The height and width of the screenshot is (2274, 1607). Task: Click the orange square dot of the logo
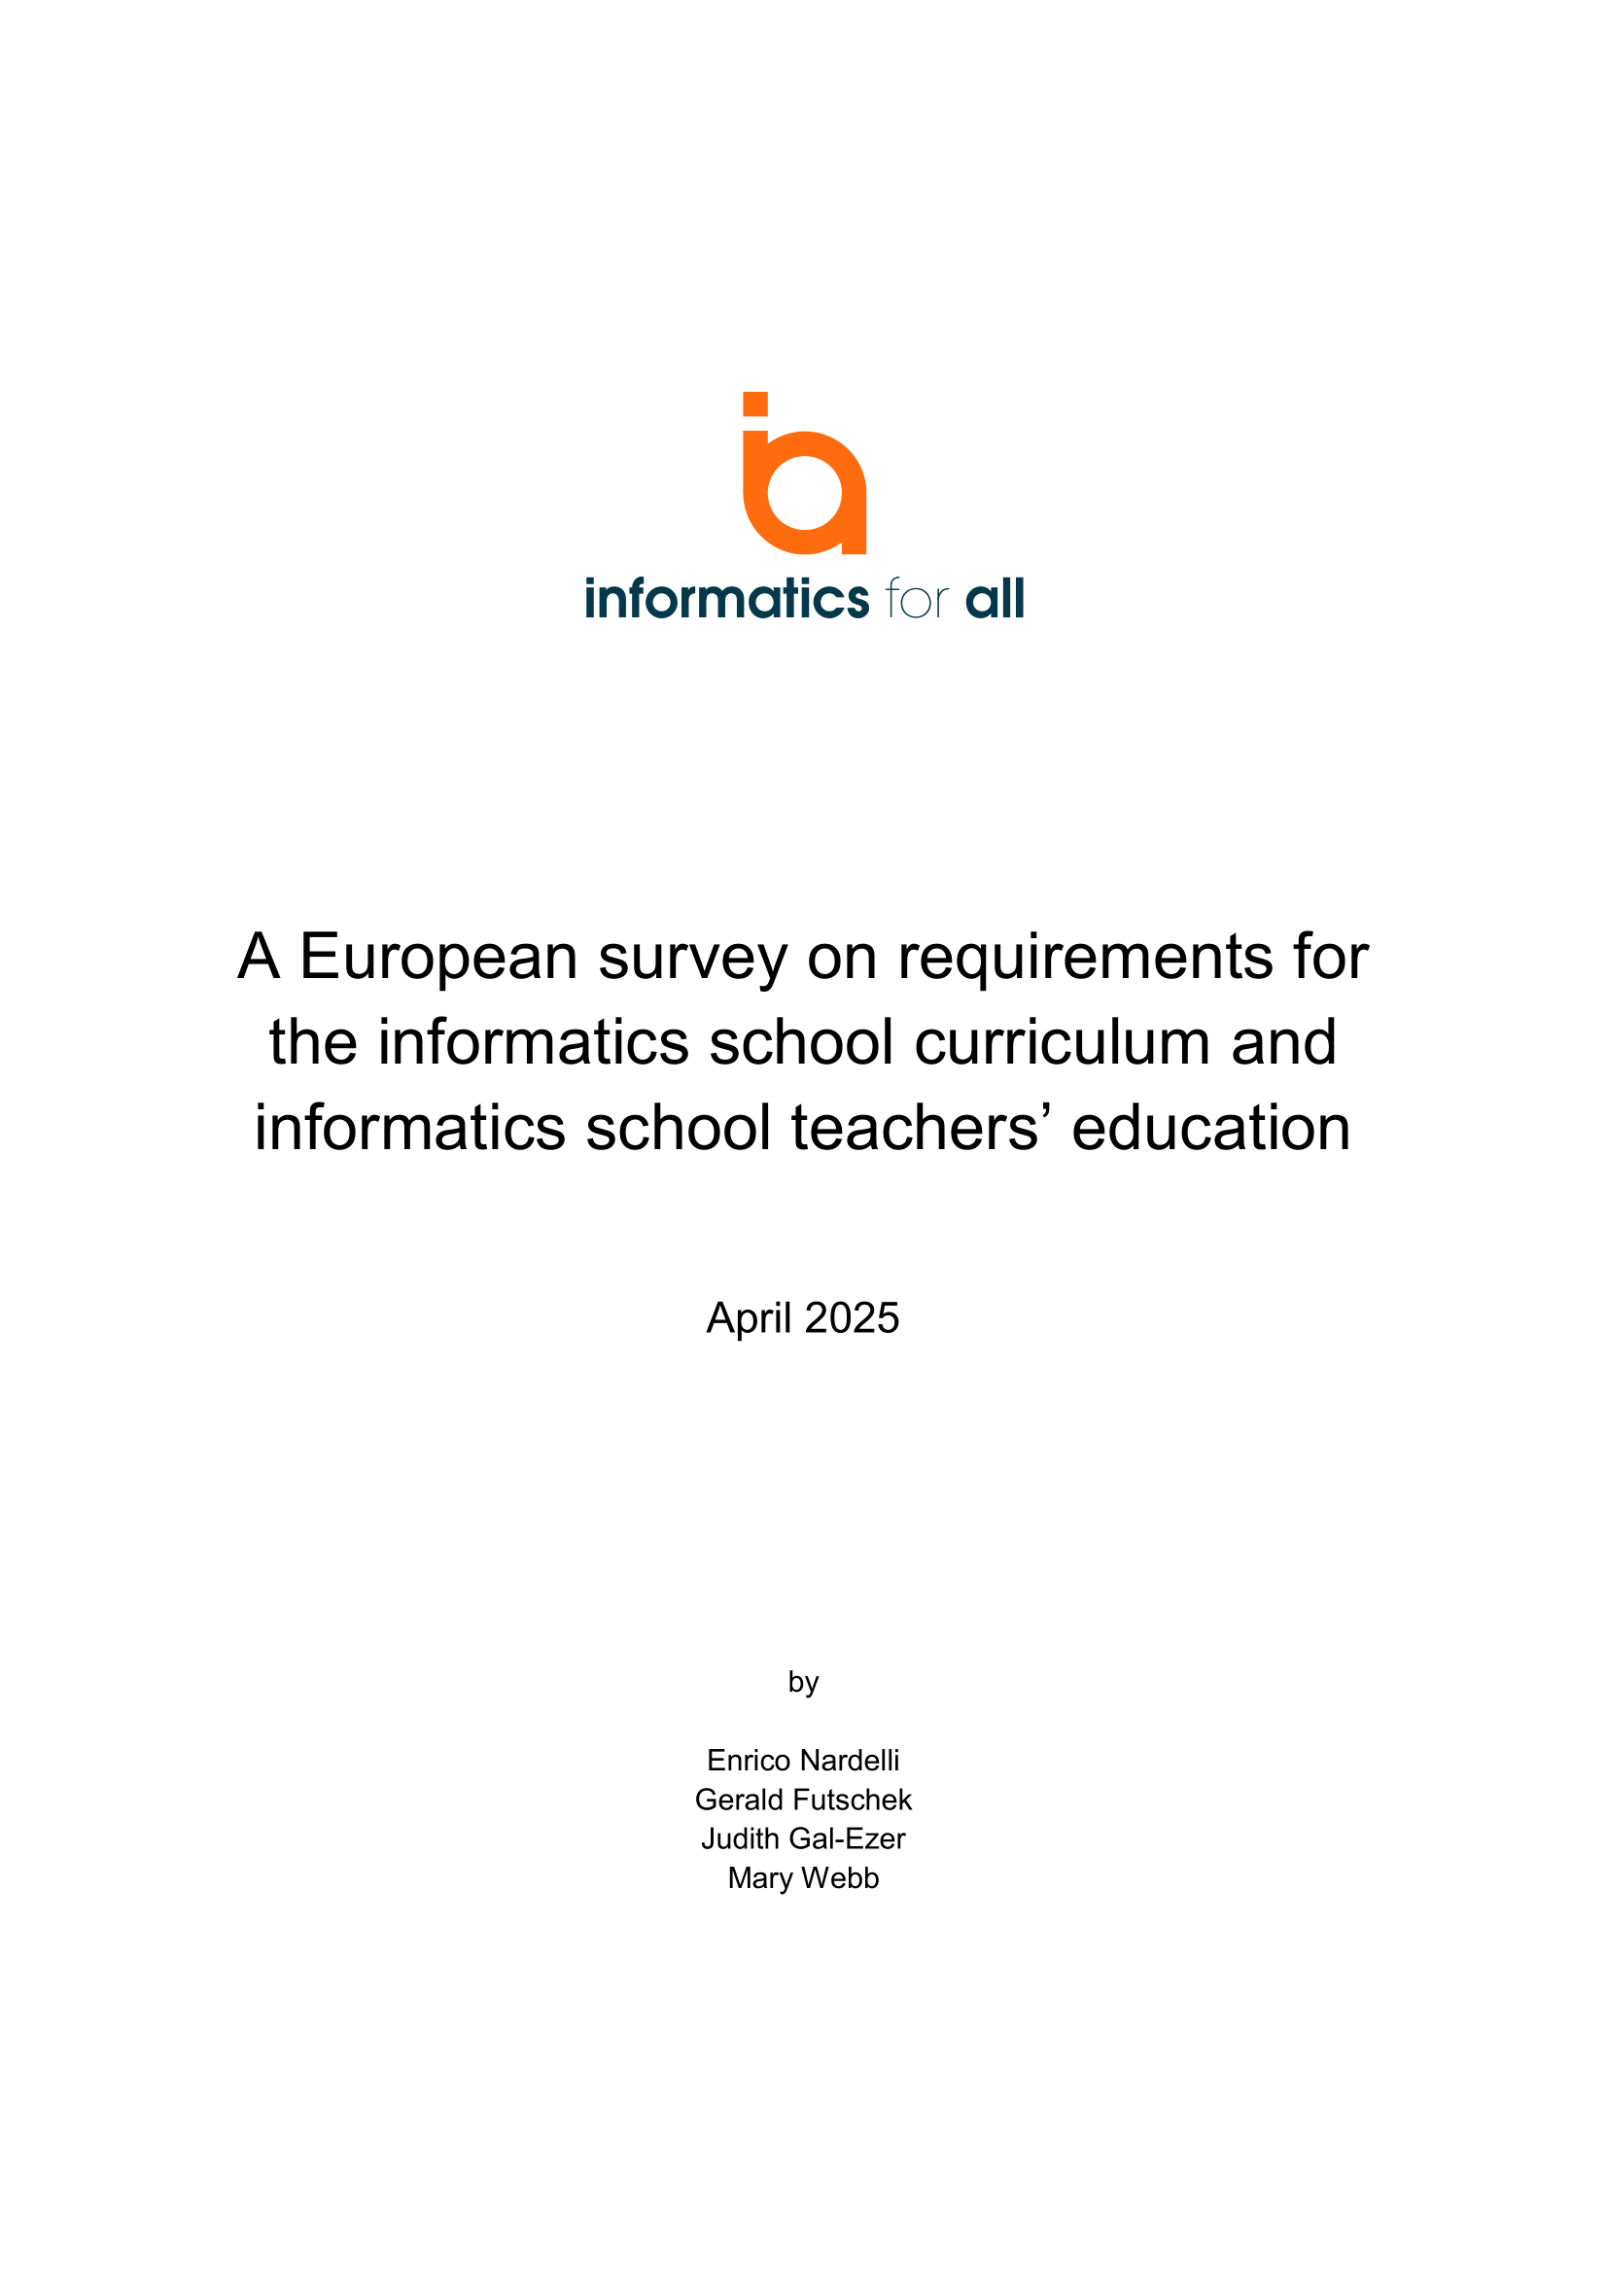pyautogui.click(x=754, y=404)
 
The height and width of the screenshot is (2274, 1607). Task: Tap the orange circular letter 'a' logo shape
pyautogui.click(x=805, y=493)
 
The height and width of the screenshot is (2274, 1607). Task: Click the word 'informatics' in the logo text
pyautogui.click(x=726, y=599)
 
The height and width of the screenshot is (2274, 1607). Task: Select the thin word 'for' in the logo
pyautogui.click(x=917, y=599)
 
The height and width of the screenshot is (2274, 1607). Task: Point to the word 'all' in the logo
pyautogui.click(x=995, y=599)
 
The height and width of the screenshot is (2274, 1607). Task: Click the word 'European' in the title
pyautogui.click(x=438, y=957)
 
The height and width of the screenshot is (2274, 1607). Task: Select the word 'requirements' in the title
pyautogui.click(x=1084, y=959)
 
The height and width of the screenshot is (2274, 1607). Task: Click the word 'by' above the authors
pyautogui.click(x=803, y=1683)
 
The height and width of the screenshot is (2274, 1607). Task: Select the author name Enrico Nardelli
pyautogui.click(x=803, y=1761)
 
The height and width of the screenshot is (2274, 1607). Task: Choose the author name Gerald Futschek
pyautogui.click(x=803, y=1800)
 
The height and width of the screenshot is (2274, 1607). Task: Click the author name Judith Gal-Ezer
pyautogui.click(x=803, y=1839)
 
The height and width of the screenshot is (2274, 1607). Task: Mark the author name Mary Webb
pyautogui.click(x=803, y=1878)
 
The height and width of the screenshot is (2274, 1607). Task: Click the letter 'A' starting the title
pyautogui.click(x=259, y=957)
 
